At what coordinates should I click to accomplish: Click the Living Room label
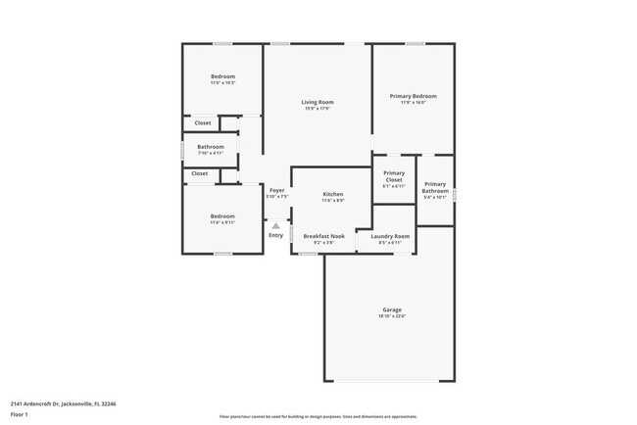click(x=317, y=102)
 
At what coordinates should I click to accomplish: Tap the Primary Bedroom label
click(x=413, y=96)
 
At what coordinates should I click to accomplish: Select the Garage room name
click(x=391, y=309)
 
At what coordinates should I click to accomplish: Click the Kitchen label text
click(x=333, y=195)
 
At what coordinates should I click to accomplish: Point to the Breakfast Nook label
click(x=323, y=236)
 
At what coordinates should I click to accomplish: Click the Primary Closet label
click(x=393, y=176)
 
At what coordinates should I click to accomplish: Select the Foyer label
click(x=276, y=190)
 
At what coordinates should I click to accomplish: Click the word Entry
click(x=275, y=235)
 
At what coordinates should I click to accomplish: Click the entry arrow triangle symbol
click(x=275, y=225)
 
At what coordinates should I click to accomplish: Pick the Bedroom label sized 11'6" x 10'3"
click(x=222, y=76)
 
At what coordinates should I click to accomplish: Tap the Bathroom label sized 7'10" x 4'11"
click(x=211, y=147)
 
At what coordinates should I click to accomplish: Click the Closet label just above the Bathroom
click(x=202, y=123)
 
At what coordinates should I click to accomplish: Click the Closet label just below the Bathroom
click(x=199, y=173)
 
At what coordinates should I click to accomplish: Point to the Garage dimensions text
click(x=391, y=316)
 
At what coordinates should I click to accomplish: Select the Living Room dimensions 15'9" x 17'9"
click(x=317, y=109)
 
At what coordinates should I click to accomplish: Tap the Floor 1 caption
click(x=20, y=414)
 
